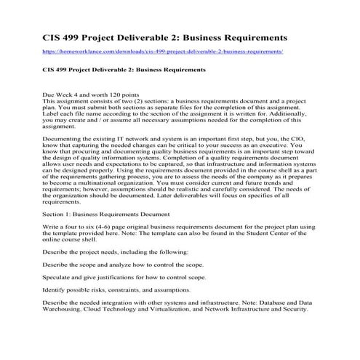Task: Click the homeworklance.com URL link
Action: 162,52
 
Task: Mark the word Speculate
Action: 60,278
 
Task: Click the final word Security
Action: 293,308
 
